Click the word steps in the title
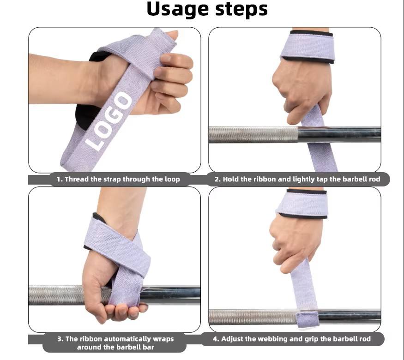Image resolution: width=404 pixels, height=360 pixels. [x=241, y=9]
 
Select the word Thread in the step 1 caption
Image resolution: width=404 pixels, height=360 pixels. [x=77, y=179]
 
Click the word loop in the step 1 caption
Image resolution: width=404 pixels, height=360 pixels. [x=172, y=179]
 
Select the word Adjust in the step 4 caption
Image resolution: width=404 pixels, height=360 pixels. [x=232, y=339]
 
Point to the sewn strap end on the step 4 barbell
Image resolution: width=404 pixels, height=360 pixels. [x=307, y=319]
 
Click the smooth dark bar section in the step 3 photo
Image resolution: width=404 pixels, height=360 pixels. [x=170, y=295]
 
